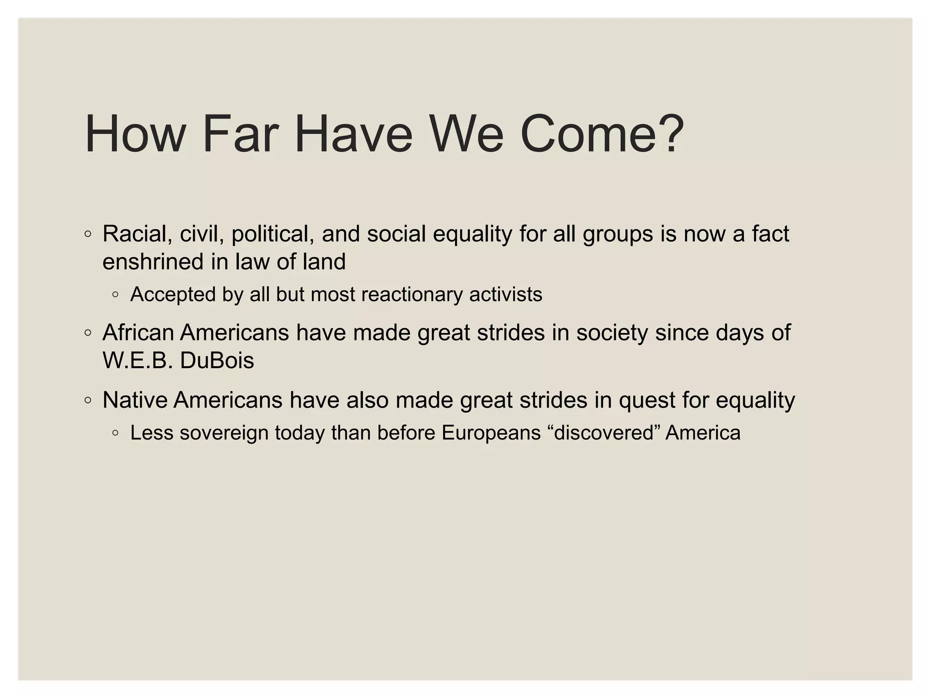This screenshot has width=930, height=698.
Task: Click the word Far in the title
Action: (x=240, y=135)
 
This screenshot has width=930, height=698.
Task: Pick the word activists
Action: (x=505, y=294)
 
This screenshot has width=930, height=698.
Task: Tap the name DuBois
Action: (x=217, y=361)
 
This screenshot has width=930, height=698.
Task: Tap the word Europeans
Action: (x=491, y=433)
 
